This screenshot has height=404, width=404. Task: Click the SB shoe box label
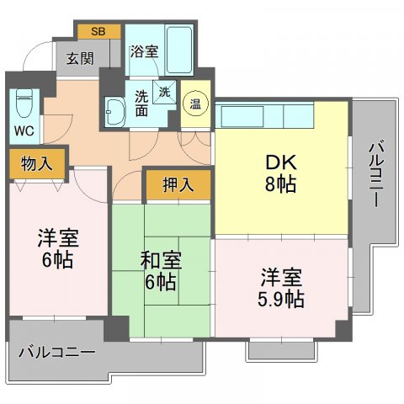click(98, 31)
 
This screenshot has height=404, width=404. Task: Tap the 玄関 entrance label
click(80, 59)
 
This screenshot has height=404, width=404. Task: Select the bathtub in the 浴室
click(179, 50)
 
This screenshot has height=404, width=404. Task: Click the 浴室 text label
click(145, 51)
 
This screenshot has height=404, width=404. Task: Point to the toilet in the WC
click(24, 104)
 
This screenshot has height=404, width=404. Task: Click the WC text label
click(24, 130)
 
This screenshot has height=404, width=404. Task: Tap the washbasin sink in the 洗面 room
click(114, 111)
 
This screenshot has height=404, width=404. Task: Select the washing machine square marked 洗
click(165, 92)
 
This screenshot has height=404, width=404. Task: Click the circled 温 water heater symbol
click(196, 104)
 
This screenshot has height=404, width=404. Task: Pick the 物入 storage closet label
click(37, 163)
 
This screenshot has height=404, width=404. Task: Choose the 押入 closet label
click(178, 185)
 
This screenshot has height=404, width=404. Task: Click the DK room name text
click(281, 163)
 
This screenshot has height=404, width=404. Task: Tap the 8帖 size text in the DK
click(280, 184)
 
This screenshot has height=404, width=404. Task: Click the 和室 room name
click(161, 260)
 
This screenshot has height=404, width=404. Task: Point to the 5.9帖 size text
click(281, 299)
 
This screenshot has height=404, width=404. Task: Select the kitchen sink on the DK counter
click(242, 116)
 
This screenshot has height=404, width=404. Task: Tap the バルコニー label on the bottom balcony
click(57, 352)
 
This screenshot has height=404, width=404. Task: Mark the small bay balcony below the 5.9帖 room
click(282, 350)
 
